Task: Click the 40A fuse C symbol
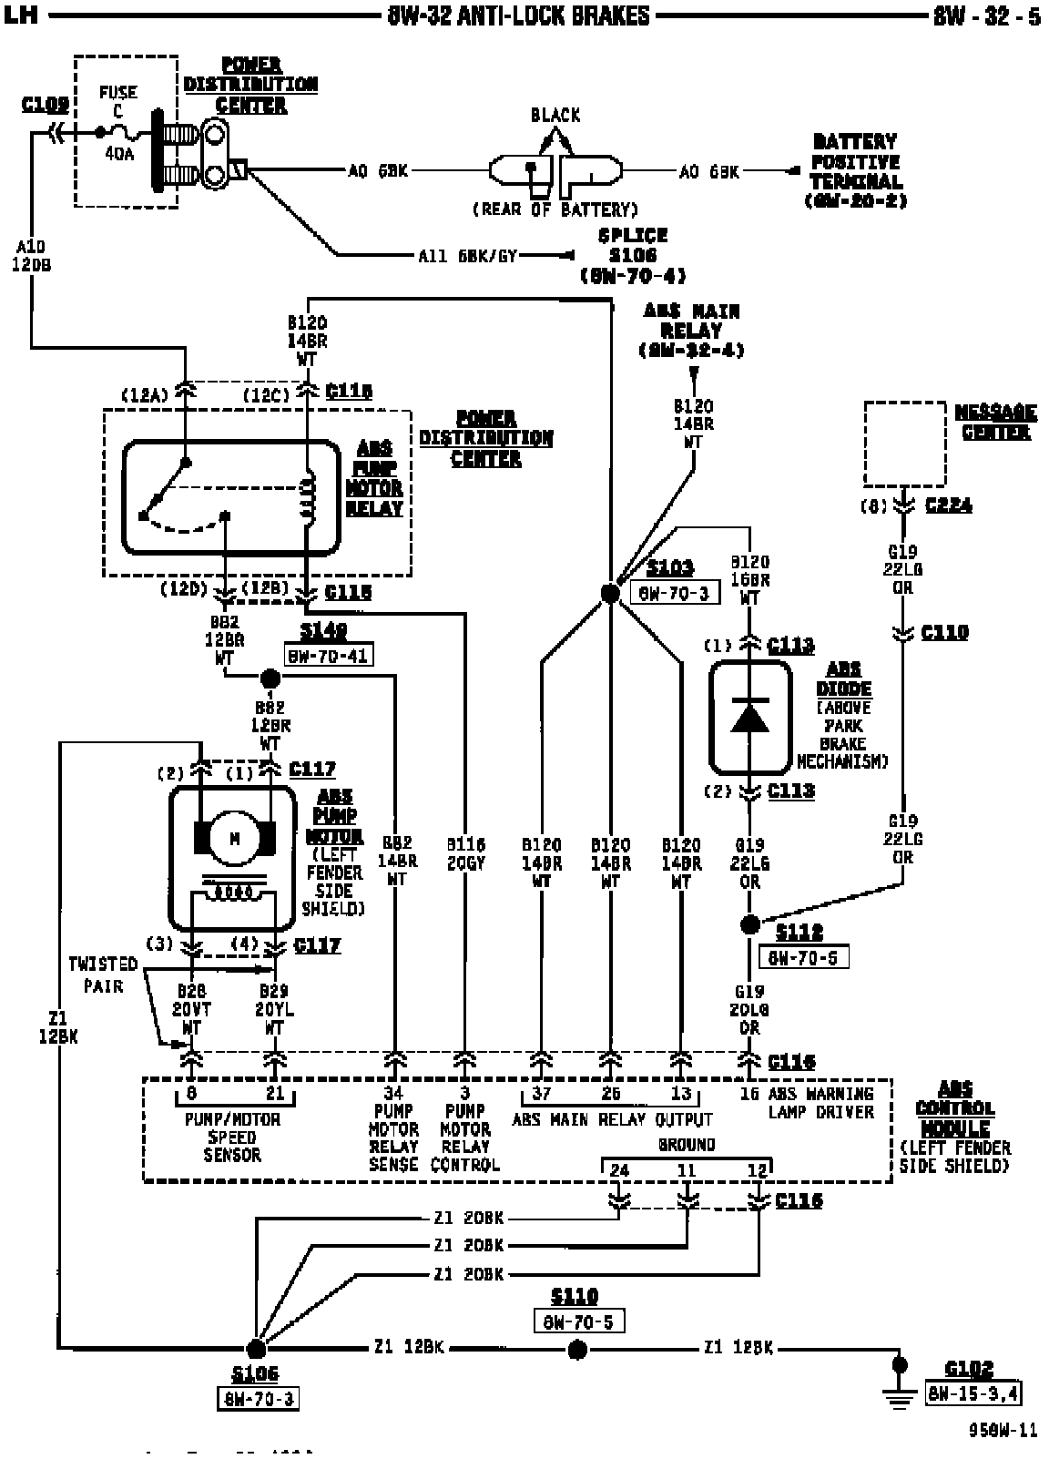119,133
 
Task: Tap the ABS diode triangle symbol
749,715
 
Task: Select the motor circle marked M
234,838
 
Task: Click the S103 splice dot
610,594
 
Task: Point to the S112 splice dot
749,925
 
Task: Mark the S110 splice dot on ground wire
575,1349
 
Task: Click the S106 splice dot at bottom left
256,1349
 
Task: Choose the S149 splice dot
270,678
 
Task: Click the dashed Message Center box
904,444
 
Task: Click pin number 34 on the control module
393,1093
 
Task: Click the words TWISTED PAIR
102,974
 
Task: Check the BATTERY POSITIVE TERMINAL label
855,171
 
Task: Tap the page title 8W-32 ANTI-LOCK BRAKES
519,15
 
